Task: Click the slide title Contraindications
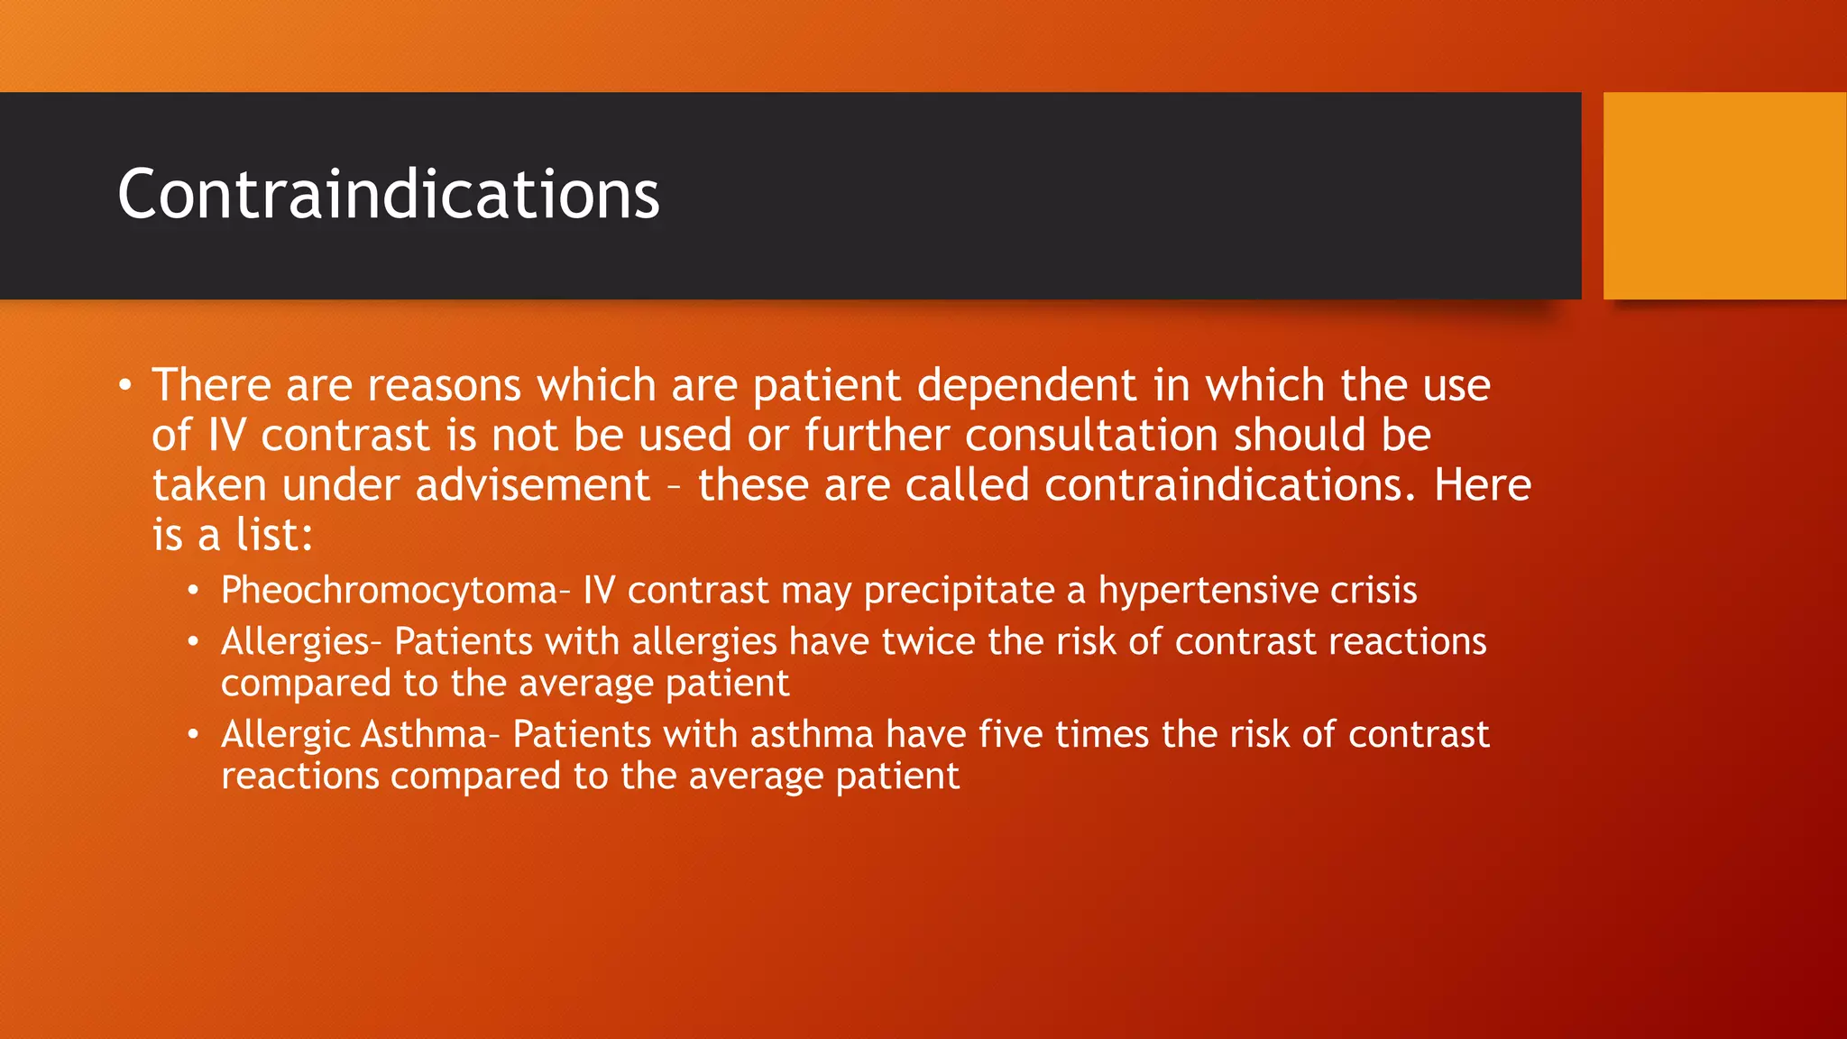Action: [388, 195]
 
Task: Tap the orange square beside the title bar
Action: [1724, 196]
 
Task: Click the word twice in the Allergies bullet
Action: [928, 642]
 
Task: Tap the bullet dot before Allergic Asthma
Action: [193, 735]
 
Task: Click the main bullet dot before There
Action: [125, 387]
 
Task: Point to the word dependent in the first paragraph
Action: [1026, 386]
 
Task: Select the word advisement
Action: [532, 486]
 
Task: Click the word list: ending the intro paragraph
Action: [274, 536]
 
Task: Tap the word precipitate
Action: [959, 592]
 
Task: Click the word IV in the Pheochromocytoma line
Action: [599, 592]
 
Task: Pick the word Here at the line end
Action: [1482, 486]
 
